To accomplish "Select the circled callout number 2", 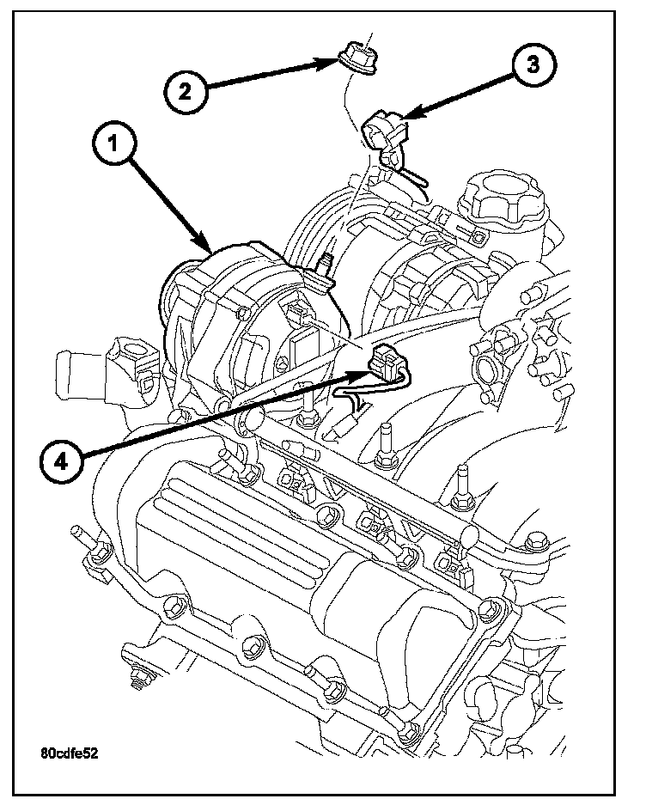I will coord(186,91).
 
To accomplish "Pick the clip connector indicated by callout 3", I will coord(383,130).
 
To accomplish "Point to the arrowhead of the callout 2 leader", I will coord(338,62).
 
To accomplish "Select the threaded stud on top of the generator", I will coord(324,262).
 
